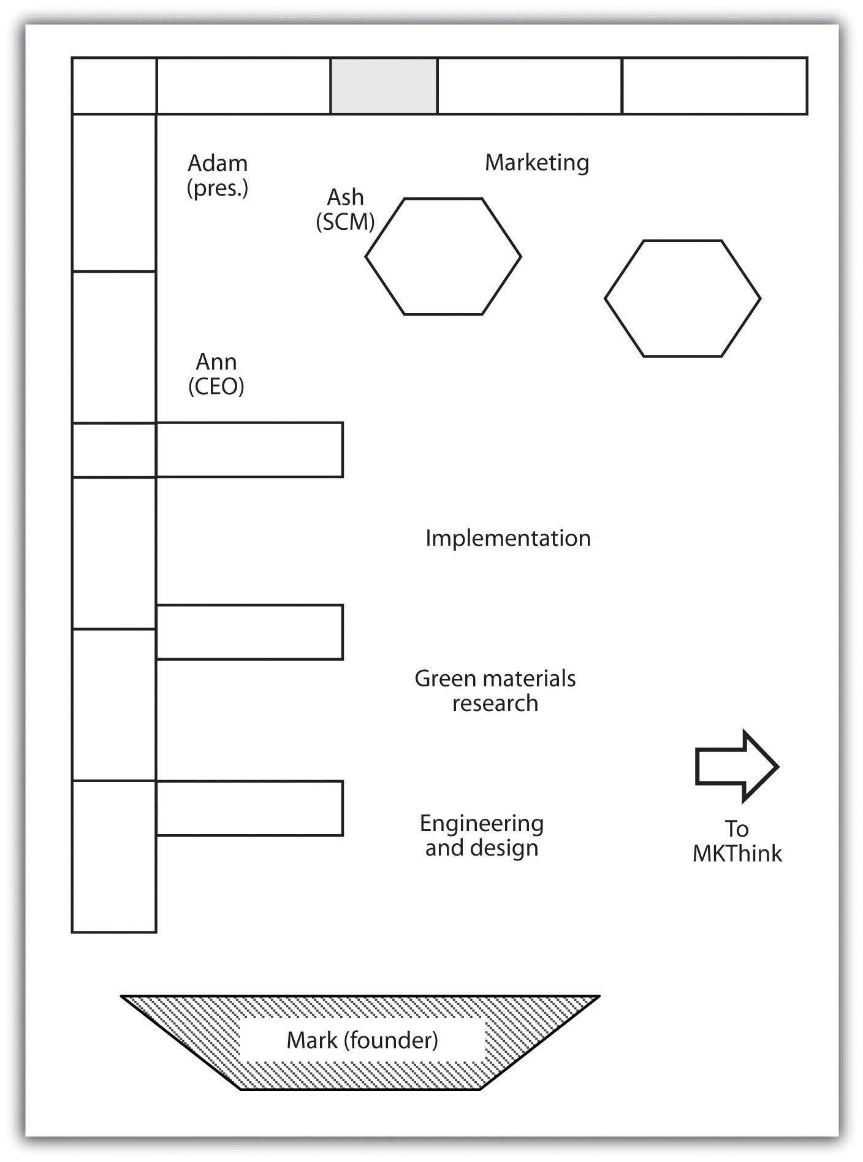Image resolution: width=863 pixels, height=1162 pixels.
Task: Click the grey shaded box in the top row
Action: pos(384,86)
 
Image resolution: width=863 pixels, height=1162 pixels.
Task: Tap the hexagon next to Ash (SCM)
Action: pos(443,198)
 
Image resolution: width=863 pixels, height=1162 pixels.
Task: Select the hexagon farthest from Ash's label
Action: pos(683,240)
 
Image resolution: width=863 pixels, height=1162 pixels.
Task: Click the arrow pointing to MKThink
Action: pos(737,766)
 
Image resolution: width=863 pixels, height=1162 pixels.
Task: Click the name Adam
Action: pos(218,164)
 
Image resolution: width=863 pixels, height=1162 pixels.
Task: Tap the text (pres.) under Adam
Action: pos(218,188)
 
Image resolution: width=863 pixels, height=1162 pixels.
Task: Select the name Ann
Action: pos(216,362)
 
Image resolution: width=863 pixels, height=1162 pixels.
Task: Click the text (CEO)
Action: pos(216,386)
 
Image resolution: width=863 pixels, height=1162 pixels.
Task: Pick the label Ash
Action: pos(345,197)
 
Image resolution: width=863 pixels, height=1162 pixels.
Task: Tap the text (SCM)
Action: pos(345,222)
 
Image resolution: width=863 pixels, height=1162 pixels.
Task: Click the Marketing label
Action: pos(537,163)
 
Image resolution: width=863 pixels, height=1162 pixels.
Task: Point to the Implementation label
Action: pos(508,538)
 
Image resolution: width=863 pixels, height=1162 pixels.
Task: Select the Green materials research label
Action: pos(495,691)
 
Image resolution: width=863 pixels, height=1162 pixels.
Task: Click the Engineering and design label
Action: pos(482,835)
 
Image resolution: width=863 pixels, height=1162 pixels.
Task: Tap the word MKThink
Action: pos(737,854)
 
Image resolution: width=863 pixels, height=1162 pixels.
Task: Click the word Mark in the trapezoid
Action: pos(312,1040)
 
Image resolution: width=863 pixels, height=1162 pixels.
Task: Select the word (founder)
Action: pos(390,1040)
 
